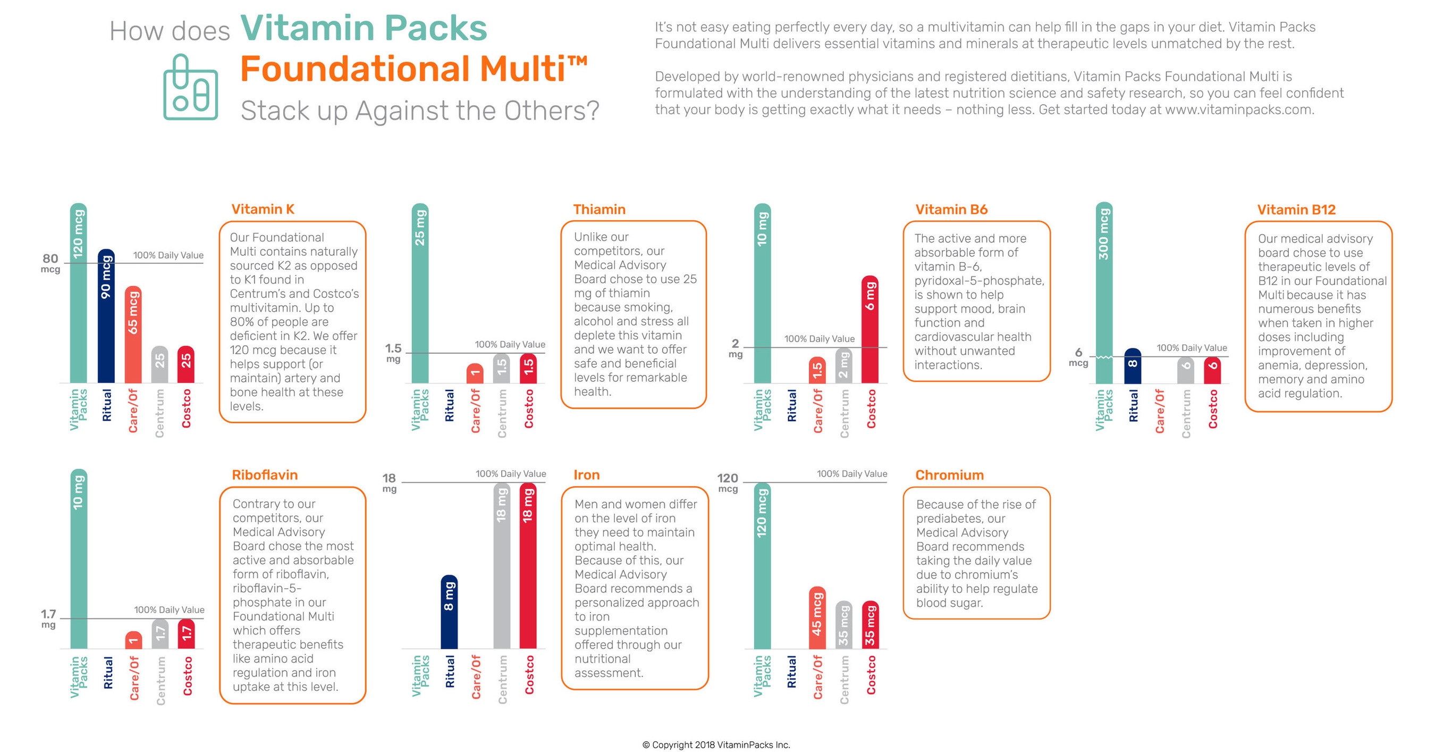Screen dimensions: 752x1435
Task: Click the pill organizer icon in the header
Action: (190, 88)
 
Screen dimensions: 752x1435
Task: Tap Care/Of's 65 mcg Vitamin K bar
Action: (132, 335)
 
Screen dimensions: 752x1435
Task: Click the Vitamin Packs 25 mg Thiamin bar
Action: (420, 293)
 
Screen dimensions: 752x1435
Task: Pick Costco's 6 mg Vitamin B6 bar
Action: (870, 329)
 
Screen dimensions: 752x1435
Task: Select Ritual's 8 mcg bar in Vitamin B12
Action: (1132, 366)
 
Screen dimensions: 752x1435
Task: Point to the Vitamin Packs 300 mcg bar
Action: (1103, 293)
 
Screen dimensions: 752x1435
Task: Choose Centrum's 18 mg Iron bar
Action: (501, 565)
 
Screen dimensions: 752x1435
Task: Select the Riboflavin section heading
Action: (265, 475)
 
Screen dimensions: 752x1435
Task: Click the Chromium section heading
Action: (949, 475)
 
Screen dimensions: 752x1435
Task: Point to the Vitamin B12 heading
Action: (1296, 210)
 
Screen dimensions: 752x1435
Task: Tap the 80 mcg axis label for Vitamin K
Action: (50, 263)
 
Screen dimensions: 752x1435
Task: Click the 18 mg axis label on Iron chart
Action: (389, 482)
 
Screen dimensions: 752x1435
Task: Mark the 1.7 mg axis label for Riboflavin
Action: (48, 618)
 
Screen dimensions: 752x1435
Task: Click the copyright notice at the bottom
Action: (716, 745)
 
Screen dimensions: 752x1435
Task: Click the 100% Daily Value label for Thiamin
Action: (510, 345)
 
